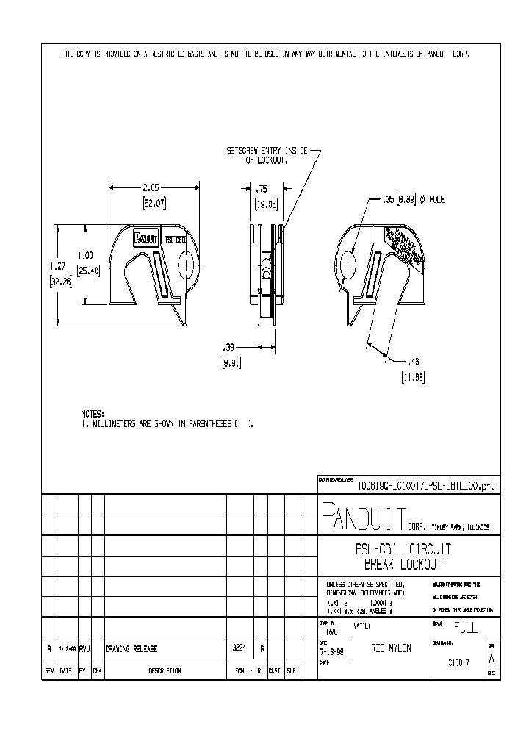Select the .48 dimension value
pos(414,362)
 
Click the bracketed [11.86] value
pos(414,377)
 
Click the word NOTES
pos(94,414)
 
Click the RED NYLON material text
pos(392,648)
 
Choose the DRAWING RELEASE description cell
pos(132,649)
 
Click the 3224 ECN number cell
pos(239,649)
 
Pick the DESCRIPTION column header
pos(165,670)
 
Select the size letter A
pos(492,659)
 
